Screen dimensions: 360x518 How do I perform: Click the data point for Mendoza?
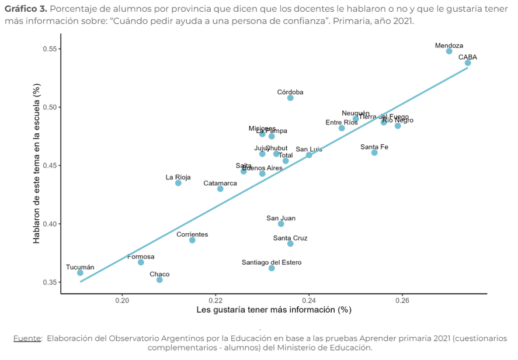449,51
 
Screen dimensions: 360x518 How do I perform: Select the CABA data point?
468,63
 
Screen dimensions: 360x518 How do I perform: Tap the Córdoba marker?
290,98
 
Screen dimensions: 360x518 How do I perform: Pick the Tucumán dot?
80,273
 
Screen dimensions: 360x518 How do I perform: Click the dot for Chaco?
159,280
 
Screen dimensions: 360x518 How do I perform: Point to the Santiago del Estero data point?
272,268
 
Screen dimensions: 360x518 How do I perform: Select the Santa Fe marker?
374,153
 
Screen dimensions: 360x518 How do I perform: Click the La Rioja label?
178,177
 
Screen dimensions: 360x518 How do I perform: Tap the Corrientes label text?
192,234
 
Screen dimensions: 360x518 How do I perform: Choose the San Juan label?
281,218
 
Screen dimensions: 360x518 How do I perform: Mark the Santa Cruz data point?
290,244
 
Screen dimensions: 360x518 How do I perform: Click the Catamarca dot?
220,189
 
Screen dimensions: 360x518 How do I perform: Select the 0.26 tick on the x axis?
402,300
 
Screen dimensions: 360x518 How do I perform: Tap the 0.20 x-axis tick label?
122,300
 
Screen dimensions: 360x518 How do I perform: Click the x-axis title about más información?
273,310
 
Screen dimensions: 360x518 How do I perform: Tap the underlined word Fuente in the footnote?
27,338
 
